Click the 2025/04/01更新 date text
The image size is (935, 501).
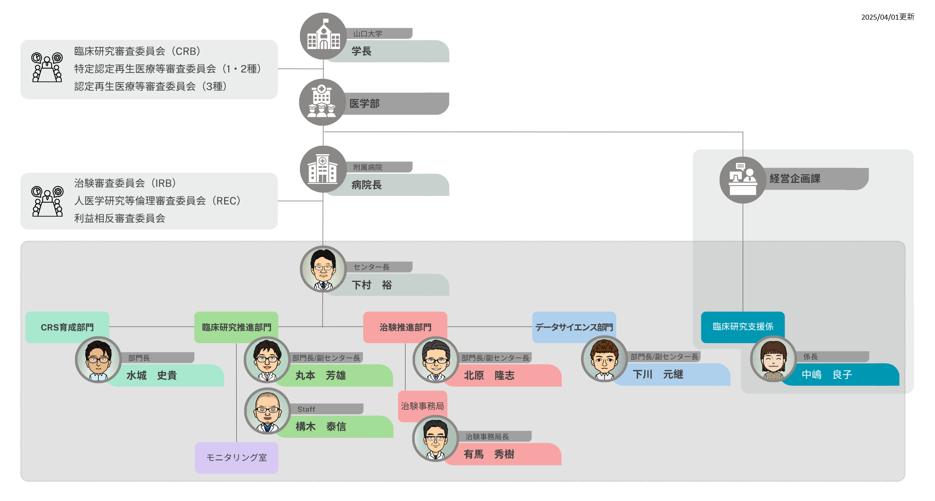pyautogui.click(x=888, y=17)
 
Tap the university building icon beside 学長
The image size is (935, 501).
pyautogui.click(x=323, y=36)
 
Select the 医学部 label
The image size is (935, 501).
pyautogui.click(x=364, y=103)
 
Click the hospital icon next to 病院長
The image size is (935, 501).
pyautogui.click(x=323, y=169)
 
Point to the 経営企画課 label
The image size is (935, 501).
pyautogui.click(x=795, y=179)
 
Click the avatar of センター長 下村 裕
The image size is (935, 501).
pyautogui.click(x=323, y=269)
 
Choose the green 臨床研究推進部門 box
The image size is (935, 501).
pyautogui.click(x=236, y=327)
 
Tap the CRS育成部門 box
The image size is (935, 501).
pyautogui.click(x=67, y=327)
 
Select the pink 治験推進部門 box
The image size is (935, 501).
pyautogui.click(x=405, y=327)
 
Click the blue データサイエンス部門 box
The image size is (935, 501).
pyautogui.click(x=574, y=327)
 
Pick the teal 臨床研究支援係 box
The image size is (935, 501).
pyautogui.click(x=743, y=327)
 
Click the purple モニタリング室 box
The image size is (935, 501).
pyautogui.click(x=236, y=458)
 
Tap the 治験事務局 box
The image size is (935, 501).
pyautogui.click(x=422, y=406)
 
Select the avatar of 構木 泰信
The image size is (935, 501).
pyautogui.click(x=267, y=411)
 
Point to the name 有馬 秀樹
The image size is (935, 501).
pyautogui.click(x=489, y=455)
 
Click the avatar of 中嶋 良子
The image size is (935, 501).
pyautogui.click(x=773, y=359)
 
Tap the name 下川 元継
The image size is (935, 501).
pyautogui.click(x=658, y=374)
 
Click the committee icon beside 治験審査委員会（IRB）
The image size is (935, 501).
pyautogui.click(x=47, y=201)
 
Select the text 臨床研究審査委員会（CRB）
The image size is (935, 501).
pyautogui.click(x=137, y=51)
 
